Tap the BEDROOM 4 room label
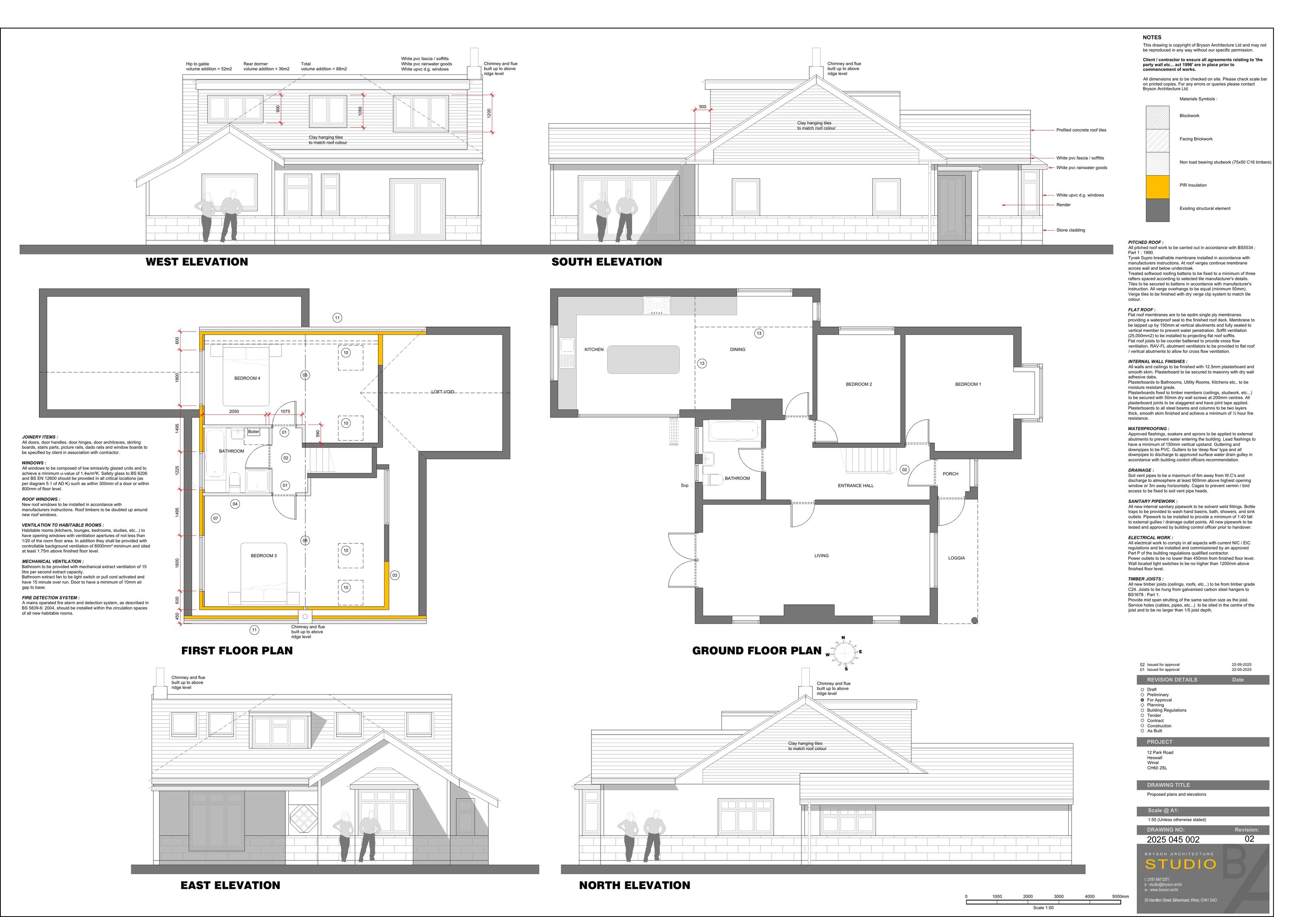tap(247, 378)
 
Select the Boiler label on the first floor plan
tap(253, 432)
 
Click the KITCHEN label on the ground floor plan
tap(594, 349)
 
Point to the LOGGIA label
tap(956, 558)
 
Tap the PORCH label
tap(950, 474)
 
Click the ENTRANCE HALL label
tap(856, 486)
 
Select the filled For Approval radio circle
tap(1142, 700)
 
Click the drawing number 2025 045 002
tap(1173, 840)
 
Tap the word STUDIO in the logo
tap(1180, 865)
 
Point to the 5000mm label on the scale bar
tap(1120, 897)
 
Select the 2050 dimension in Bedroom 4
tap(234, 412)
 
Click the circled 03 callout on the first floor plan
tap(395, 575)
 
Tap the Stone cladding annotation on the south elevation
tap(1070, 230)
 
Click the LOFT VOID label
tap(443, 392)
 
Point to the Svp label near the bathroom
tap(685, 486)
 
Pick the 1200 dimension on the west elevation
tap(489, 113)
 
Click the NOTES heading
tap(1151, 37)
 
